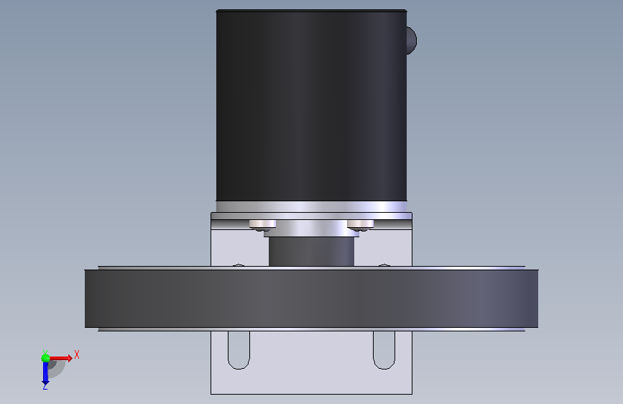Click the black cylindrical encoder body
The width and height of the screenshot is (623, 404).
pos(311,106)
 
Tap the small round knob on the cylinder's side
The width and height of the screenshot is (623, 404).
pos(412,40)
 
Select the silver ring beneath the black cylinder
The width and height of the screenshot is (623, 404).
pos(311,206)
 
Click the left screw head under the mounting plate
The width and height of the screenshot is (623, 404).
pos(262,225)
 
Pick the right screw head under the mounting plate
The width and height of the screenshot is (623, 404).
pos(361,225)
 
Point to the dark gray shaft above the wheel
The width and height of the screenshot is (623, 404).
pos(311,252)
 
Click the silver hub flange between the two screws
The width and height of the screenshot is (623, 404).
pos(311,229)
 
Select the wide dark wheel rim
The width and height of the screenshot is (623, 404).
pos(311,298)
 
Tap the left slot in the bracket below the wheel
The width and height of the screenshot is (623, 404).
pos(239,350)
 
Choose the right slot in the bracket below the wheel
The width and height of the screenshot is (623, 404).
pos(384,350)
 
